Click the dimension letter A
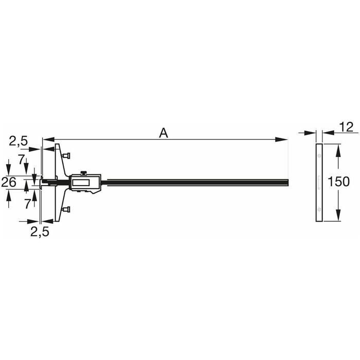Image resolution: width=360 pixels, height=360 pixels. (x=164, y=133)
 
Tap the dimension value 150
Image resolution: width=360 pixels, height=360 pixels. (x=338, y=182)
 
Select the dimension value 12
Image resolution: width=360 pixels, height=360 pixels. (x=346, y=127)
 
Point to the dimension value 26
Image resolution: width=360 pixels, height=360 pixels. (x=9, y=182)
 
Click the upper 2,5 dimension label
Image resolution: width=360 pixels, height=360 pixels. (x=19, y=141)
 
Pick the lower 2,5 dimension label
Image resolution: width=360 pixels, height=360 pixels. (x=40, y=232)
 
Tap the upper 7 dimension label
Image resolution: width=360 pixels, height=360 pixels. (x=22, y=159)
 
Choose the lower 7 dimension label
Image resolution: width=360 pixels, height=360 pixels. (x=28, y=204)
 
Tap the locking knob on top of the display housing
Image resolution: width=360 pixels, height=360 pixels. (x=83, y=173)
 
